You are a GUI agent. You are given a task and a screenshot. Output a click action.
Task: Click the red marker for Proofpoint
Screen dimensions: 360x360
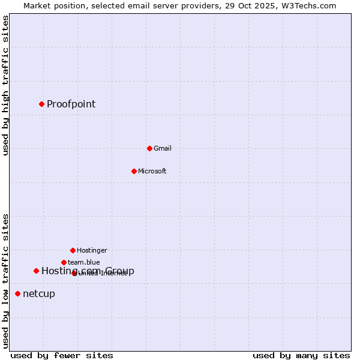41,104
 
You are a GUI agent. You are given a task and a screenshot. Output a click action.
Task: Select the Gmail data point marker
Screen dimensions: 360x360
149,148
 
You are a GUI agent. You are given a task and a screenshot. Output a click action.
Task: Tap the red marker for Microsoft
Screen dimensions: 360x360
134,171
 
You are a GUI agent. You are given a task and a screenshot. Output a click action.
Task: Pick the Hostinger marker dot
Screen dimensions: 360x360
73,250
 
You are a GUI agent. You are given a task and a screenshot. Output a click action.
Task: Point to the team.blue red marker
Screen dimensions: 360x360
64,262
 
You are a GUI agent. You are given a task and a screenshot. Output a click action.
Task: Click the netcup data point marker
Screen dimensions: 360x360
17,293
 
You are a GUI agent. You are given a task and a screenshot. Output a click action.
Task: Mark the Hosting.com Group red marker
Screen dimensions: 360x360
36,271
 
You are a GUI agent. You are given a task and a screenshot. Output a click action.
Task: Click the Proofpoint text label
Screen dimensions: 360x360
71,104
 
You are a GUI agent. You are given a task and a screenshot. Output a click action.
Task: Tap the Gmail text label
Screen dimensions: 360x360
163,148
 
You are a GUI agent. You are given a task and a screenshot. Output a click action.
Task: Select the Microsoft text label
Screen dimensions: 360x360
152,171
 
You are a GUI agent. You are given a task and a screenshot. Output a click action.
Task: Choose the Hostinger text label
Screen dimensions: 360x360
92,250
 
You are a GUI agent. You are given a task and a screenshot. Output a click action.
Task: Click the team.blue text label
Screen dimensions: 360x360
84,262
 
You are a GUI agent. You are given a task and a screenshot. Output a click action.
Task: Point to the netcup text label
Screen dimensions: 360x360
39,293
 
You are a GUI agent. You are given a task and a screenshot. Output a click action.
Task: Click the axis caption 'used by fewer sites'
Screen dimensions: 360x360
62,355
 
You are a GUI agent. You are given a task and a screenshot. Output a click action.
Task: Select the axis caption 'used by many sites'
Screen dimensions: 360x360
301,355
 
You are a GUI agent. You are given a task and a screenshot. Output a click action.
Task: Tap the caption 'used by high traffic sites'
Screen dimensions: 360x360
5,85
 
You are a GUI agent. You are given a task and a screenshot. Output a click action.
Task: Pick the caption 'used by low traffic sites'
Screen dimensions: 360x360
5,281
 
